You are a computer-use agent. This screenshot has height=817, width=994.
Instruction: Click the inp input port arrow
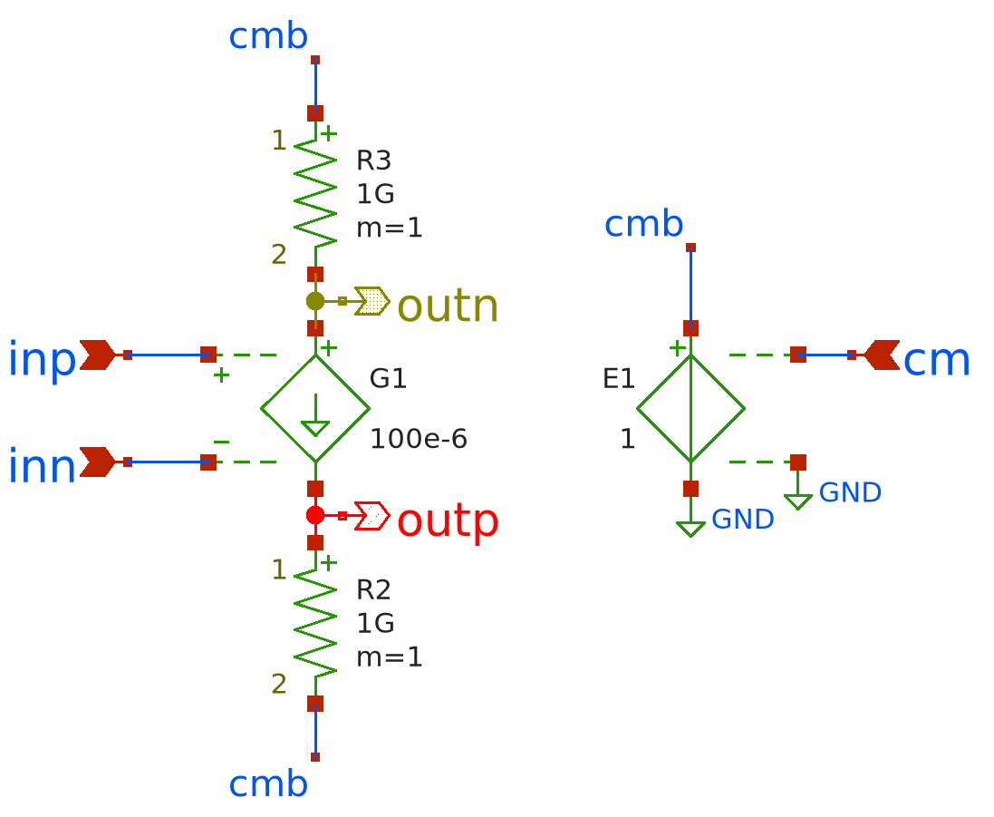point(98,355)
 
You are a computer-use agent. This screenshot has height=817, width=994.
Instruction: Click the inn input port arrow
point(98,462)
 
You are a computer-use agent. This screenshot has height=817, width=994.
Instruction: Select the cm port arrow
point(881,355)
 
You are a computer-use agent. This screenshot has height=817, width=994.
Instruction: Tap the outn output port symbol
point(372,301)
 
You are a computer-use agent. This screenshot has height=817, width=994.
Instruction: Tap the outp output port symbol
point(372,516)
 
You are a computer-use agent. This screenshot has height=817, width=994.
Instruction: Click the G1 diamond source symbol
point(315,408)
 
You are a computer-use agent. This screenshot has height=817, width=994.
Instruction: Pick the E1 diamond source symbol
point(690,408)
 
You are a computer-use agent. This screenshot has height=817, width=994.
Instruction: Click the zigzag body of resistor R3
point(315,192)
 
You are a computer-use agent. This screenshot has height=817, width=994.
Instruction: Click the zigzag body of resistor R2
point(315,622)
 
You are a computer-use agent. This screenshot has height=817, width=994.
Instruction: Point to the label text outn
point(448,306)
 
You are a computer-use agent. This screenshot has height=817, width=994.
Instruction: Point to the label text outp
point(448,521)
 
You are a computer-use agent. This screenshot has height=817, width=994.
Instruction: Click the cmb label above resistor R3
point(268,36)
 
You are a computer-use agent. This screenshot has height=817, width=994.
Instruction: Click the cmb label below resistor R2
point(268,784)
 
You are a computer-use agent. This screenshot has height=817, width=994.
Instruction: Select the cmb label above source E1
point(643,224)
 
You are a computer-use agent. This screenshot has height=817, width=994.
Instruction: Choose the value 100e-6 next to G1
point(419,439)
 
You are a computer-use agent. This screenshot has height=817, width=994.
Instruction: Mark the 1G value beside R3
point(375,194)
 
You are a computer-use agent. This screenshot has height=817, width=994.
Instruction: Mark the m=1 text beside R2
point(390,657)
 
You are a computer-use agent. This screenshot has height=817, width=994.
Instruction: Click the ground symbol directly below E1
point(690,528)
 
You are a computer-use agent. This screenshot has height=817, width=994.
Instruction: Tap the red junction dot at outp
point(315,515)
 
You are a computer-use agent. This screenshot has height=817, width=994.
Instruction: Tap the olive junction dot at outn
point(315,301)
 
